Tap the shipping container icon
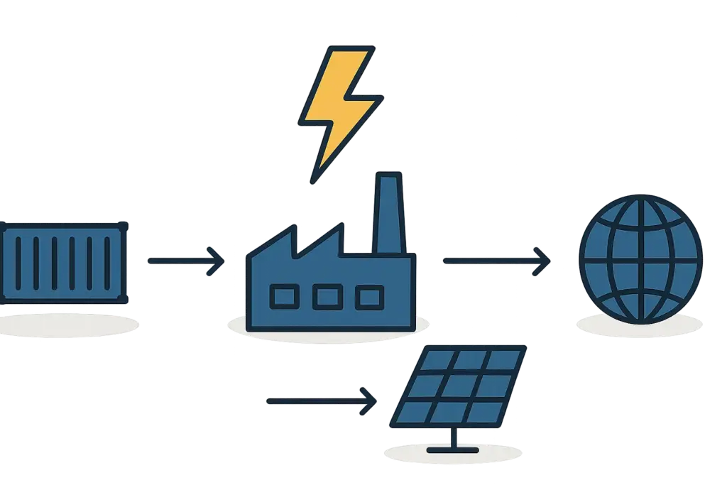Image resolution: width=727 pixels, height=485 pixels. (x=64, y=261)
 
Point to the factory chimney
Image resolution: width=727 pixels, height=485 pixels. (x=387, y=213)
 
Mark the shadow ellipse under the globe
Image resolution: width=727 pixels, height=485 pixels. (x=639, y=325)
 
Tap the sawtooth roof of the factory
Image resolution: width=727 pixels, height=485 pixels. (x=298, y=241)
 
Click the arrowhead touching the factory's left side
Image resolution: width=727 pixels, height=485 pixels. (x=217, y=261)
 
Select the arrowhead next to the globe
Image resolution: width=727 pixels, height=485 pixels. (x=542, y=261)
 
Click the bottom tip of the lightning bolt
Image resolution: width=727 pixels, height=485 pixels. (x=312, y=180)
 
